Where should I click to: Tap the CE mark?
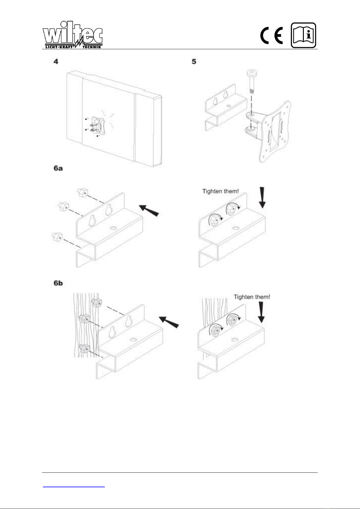pyautogui.click(x=272, y=35)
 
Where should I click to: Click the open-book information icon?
pyautogui.click(x=304, y=35)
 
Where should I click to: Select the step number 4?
pyautogui.click(x=56, y=62)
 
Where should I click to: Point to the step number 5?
pyautogui.click(x=194, y=62)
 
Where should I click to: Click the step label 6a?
pyautogui.click(x=58, y=168)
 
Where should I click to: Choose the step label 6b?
pyautogui.click(x=58, y=283)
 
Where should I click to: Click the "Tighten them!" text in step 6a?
pyautogui.click(x=220, y=191)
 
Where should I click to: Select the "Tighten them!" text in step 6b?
pyautogui.click(x=252, y=297)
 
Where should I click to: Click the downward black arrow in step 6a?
pyautogui.click(x=262, y=197)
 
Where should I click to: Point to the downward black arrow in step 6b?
pyautogui.click(x=261, y=312)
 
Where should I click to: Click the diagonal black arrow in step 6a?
pyautogui.click(x=149, y=211)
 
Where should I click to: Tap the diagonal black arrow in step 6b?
pyautogui.click(x=169, y=322)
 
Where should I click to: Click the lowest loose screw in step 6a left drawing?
pyautogui.click(x=57, y=237)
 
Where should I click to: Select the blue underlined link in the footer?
pyautogui.click(x=74, y=487)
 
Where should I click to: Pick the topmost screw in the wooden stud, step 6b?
pyautogui.click(x=97, y=303)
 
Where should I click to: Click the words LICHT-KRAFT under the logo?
pyautogui.click(x=59, y=47)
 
